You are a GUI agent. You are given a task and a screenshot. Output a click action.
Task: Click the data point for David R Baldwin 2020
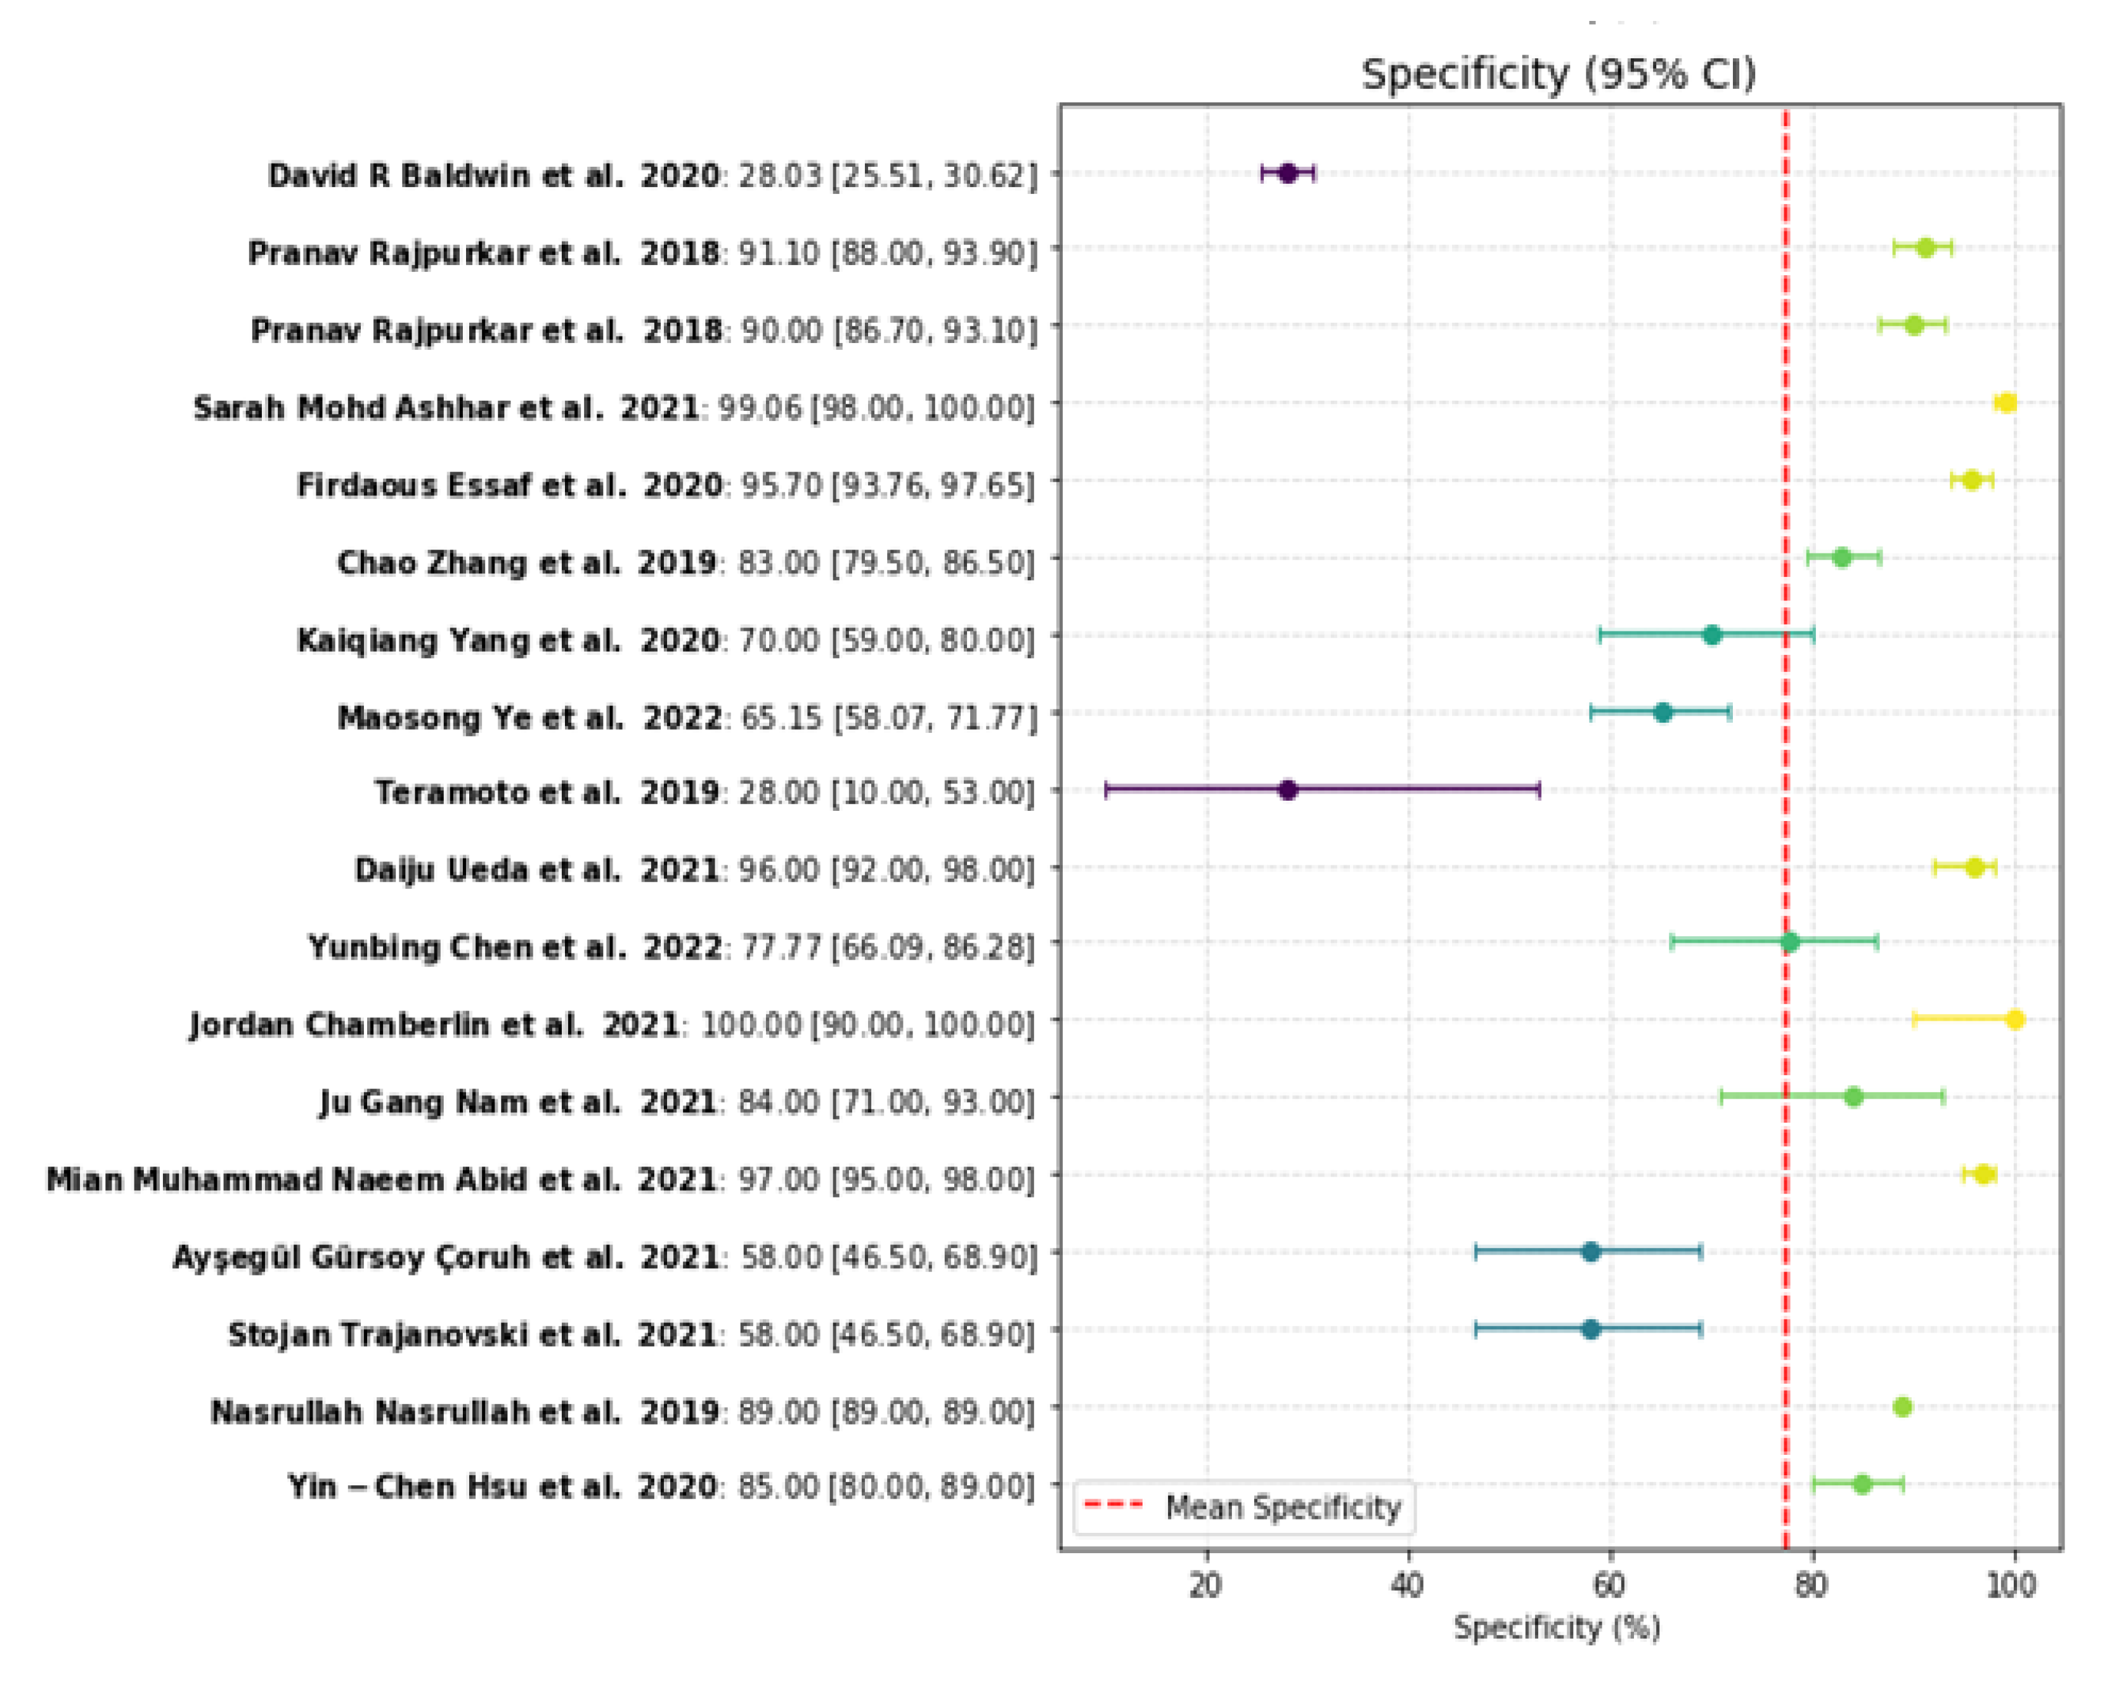(1287, 174)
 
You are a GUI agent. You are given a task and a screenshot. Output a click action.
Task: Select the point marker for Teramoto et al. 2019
(1287, 790)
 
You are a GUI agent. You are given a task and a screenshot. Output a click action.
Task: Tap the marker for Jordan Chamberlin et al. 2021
(2014, 1019)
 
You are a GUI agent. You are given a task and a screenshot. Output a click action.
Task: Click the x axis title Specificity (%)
(1557, 1628)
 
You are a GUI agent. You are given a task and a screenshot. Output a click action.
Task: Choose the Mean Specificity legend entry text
(1283, 1507)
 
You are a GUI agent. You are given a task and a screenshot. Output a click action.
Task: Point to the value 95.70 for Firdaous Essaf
(781, 485)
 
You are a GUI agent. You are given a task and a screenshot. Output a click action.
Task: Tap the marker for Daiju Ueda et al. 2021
(1975, 867)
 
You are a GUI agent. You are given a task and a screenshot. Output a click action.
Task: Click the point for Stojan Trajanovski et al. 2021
(1590, 1329)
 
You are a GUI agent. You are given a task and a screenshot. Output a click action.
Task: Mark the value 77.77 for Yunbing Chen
(779, 947)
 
